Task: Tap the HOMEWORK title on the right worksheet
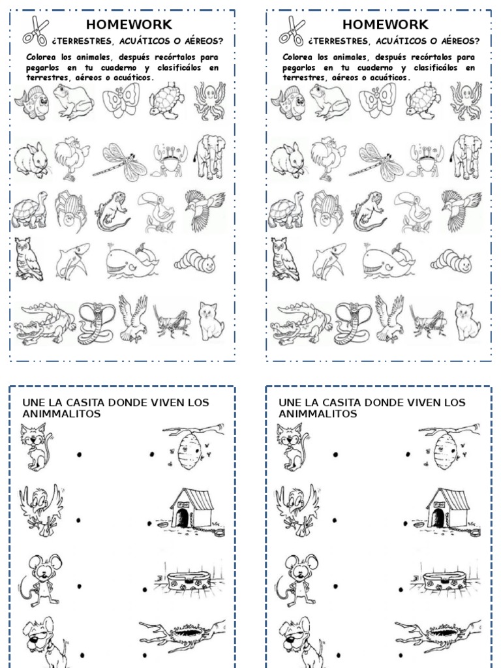[385, 25]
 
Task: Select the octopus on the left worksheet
[209, 100]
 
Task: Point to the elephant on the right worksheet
[467, 157]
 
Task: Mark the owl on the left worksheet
[29, 259]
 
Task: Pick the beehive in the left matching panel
[190, 447]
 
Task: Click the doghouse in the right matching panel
[449, 509]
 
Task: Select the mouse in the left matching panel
[40, 578]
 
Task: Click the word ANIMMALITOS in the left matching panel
[61, 414]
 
